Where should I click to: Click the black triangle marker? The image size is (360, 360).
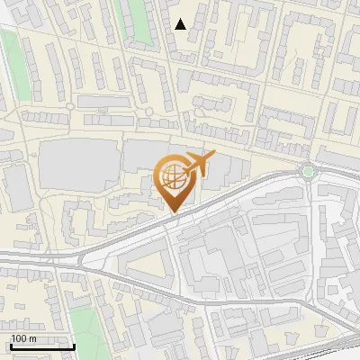coord(181,24)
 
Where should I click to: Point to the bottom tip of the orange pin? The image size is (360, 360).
coord(172,212)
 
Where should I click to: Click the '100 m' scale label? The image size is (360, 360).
coord(23,338)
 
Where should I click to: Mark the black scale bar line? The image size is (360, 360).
coord(42,346)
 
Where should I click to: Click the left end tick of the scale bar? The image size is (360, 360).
coord(10,345)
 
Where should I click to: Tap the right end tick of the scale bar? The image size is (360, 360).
coord(75,345)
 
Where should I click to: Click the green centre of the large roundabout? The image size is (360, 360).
coord(309,171)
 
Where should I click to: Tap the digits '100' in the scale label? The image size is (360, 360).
coord(19,338)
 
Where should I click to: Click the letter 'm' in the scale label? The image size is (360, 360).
coord(33,339)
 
